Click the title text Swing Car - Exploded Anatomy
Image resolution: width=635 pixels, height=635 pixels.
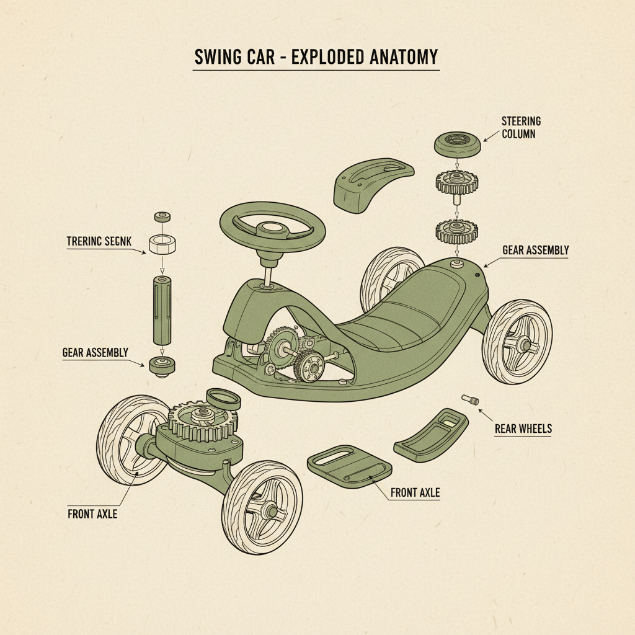point(316,58)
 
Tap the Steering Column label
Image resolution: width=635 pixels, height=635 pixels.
point(522,127)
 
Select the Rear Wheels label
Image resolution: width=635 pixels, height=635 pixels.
point(523,429)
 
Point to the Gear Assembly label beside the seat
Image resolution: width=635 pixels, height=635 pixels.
point(535,251)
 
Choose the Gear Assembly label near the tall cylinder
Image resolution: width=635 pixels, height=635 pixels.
point(95,352)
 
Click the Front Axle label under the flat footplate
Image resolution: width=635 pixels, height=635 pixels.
point(415,493)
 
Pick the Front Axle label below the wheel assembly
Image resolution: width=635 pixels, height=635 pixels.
point(92,513)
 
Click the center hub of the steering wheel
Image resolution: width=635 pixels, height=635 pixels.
point(272,231)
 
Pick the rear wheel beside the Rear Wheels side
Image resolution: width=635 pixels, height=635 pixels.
point(517,340)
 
